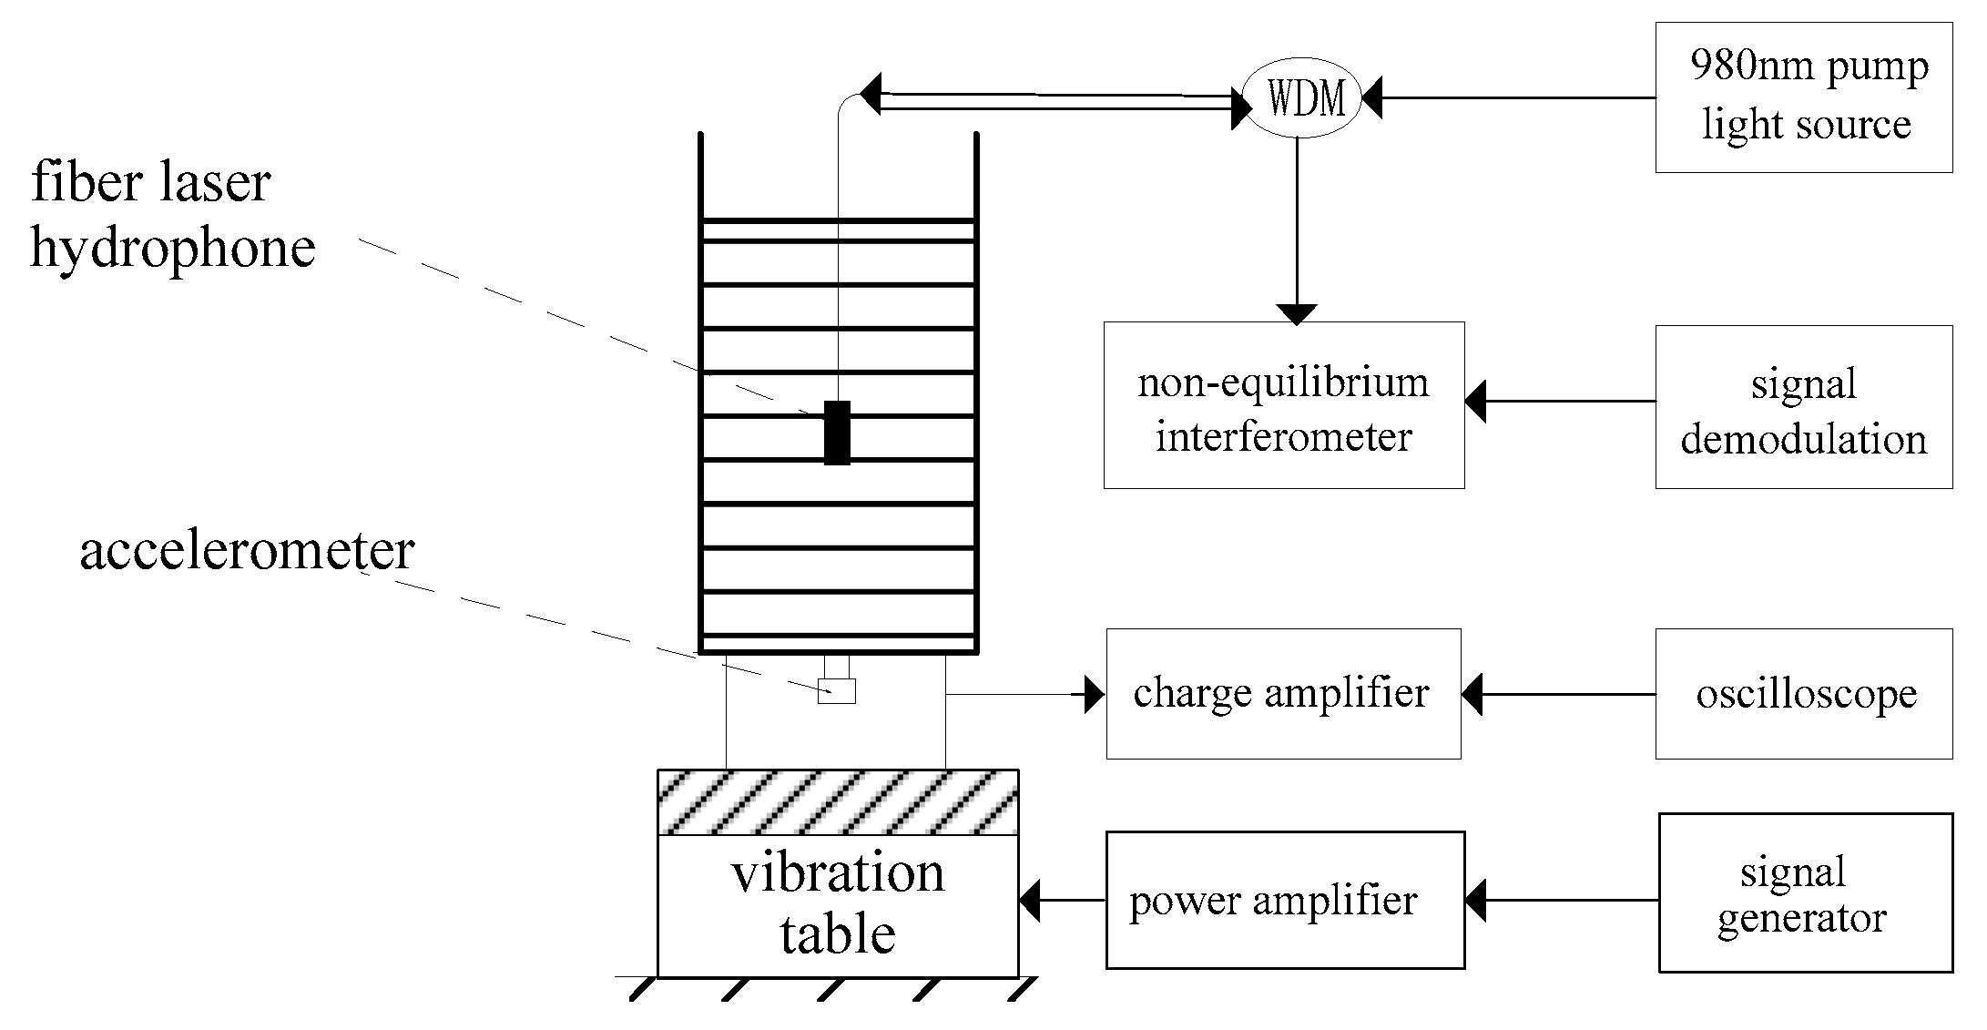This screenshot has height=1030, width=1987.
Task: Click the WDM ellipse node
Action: point(1302,98)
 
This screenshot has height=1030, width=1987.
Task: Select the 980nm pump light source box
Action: point(1803,97)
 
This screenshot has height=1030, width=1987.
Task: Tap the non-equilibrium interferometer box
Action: point(1284,405)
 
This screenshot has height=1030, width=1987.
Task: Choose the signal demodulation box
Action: point(1803,407)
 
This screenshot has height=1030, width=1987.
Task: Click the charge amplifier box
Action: point(1283,694)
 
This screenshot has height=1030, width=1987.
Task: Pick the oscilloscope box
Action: point(1803,694)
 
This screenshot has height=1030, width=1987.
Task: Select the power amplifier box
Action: point(1284,900)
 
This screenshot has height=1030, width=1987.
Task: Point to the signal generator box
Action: point(1805,892)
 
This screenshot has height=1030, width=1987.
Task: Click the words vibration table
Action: point(838,903)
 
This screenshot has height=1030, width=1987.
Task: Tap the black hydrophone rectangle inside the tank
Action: point(837,433)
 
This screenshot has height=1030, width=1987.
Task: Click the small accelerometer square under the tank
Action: point(837,691)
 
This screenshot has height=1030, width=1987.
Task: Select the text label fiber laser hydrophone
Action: point(173,215)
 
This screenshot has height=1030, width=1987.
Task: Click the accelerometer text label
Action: point(248,551)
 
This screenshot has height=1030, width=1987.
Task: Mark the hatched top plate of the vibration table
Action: point(838,802)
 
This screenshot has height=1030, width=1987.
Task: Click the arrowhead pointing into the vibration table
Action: point(1029,901)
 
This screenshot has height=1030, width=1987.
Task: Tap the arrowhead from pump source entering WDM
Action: point(1371,98)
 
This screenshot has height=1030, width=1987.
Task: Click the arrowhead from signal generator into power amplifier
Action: point(1475,901)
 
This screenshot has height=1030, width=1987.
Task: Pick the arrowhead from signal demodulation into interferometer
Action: point(1475,402)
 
